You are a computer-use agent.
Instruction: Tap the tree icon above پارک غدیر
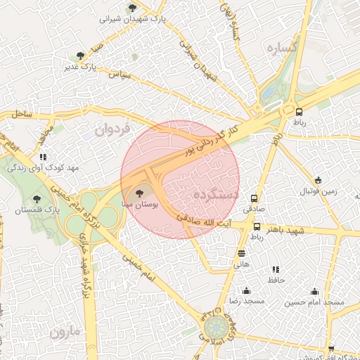pyautogui.click(x=81, y=55)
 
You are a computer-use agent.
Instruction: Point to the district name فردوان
pyautogui.click(x=112, y=129)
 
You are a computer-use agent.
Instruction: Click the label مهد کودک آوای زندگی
pyautogui.click(x=44, y=169)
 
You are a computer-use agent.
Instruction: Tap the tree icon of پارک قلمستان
pyautogui.click(x=37, y=200)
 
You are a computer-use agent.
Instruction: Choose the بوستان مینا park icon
pyautogui.click(x=138, y=191)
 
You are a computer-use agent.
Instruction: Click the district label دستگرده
pyautogui.click(x=215, y=193)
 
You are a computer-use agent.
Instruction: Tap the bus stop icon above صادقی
pyautogui.click(x=254, y=198)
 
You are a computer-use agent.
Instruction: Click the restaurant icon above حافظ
pyautogui.click(x=276, y=269)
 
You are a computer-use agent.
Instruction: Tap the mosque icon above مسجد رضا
pyautogui.click(x=246, y=290)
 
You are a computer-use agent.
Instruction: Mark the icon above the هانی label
pyautogui.click(x=242, y=254)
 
